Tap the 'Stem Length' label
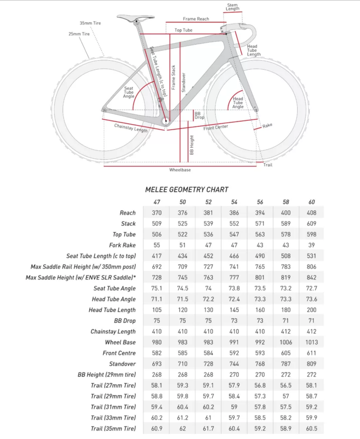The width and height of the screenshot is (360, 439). tap(232, 7)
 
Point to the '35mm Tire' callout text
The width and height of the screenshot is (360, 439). tap(90, 23)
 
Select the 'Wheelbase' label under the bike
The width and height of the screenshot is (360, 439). tap(180, 170)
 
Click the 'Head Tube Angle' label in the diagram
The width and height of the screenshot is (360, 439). tap(238, 102)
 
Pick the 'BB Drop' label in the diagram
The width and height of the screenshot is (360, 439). tap(199, 116)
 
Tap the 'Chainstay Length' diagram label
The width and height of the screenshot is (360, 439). tap(131, 128)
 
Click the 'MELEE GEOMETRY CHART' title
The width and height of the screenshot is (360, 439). tap(187, 190)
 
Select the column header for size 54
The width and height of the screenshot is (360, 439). tap(234, 202)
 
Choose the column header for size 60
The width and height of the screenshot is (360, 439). tap(312, 202)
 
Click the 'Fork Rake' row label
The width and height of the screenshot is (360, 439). tap(122, 245)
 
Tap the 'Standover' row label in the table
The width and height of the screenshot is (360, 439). tap(122, 364)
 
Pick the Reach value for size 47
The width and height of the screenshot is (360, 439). tap(157, 213)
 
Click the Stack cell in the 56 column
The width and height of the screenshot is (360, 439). tap(260, 223)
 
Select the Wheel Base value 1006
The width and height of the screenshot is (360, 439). tap(286, 342)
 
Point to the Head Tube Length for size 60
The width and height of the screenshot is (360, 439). tap(312, 310)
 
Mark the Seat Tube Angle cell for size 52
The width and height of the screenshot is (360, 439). tap(208, 288)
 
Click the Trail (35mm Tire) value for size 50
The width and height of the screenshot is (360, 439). tap(183, 428)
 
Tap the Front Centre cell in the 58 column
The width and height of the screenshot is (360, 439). tap(286, 353)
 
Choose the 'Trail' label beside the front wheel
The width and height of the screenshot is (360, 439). tap(268, 165)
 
